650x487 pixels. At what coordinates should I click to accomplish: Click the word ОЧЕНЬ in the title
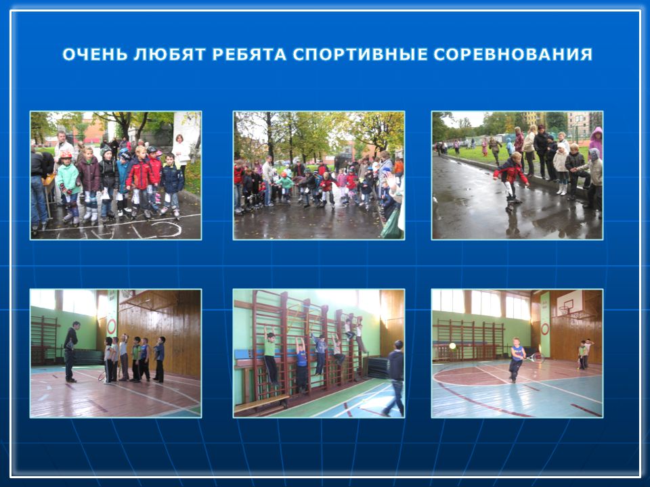(95, 55)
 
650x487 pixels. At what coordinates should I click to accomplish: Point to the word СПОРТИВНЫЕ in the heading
(360, 55)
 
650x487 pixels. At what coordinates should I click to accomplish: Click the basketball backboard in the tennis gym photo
(569, 302)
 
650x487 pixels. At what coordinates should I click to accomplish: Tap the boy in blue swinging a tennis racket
(516, 358)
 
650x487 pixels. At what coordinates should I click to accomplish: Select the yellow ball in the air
(453, 346)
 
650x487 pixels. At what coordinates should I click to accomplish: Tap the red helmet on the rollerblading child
(66, 154)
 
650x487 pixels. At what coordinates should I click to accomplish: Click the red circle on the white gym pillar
(111, 327)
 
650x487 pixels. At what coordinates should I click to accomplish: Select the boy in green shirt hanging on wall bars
(270, 356)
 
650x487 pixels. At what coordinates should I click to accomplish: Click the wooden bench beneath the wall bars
(261, 403)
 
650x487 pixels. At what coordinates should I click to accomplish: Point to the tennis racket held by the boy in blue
(534, 357)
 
